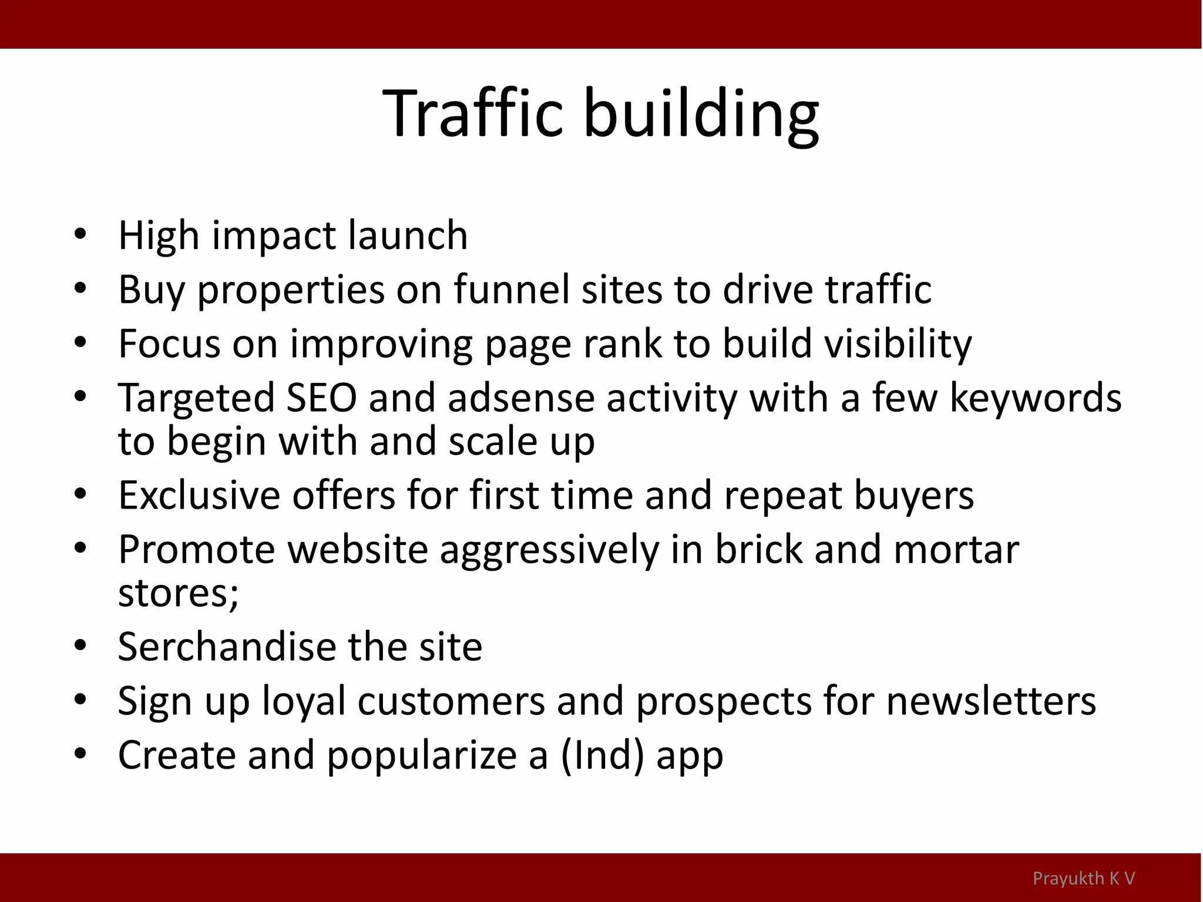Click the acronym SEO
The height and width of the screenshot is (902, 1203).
321,398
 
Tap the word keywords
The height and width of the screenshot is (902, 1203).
1035,398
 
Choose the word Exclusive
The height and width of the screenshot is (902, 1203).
199,495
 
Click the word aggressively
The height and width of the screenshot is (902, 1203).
549,550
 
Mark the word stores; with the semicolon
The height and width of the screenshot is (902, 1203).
179,593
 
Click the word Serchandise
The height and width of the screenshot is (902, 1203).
226,647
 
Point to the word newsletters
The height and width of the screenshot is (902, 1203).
990,701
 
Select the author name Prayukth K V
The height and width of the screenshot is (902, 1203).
1084,878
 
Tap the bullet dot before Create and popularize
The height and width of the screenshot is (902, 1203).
80,753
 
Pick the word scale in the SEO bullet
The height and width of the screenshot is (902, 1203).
493,441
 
